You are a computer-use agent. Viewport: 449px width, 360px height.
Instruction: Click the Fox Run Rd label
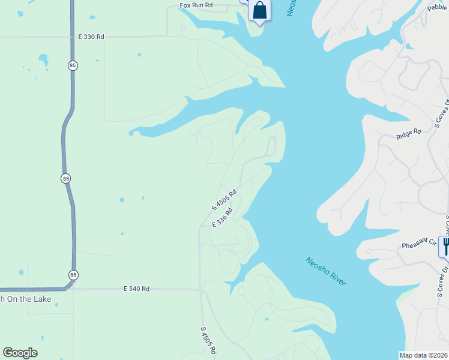click(x=196, y=5)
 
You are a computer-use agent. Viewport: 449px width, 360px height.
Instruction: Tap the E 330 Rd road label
click(x=91, y=37)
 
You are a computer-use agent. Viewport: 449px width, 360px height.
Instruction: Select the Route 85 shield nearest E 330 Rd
click(x=73, y=65)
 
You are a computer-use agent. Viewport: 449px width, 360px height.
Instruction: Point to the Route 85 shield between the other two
click(x=64, y=178)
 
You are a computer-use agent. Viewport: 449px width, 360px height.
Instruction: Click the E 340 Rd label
click(x=136, y=289)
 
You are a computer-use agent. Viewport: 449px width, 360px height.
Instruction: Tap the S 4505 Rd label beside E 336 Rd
click(x=224, y=200)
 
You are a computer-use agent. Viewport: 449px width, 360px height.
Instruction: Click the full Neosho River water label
click(x=325, y=271)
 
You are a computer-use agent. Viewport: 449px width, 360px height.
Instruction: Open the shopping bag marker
click(x=259, y=10)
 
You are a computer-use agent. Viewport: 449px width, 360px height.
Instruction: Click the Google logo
click(x=20, y=353)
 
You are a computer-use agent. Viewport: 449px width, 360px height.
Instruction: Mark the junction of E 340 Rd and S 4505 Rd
click(x=200, y=289)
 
